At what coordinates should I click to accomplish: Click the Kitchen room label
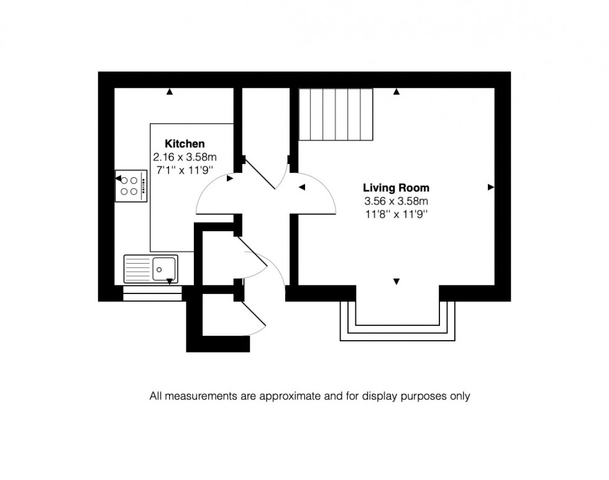click(x=184, y=144)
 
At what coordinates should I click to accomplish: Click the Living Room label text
click(x=396, y=187)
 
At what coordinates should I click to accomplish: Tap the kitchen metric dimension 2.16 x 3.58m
click(x=185, y=157)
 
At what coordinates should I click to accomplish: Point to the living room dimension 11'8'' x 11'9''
click(x=396, y=214)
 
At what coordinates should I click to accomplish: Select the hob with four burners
click(x=132, y=186)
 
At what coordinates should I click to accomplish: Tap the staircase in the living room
click(x=336, y=114)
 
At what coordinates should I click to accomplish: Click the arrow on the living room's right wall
click(x=491, y=187)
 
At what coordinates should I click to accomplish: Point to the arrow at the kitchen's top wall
click(x=169, y=92)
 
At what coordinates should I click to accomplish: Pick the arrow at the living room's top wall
click(x=396, y=92)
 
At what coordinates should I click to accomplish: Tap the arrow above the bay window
click(x=396, y=282)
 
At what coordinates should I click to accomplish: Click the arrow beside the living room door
click(x=302, y=187)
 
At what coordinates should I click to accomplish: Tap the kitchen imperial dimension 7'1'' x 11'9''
click(x=184, y=169)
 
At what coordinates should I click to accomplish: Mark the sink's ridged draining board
click(x=139, y=269)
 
